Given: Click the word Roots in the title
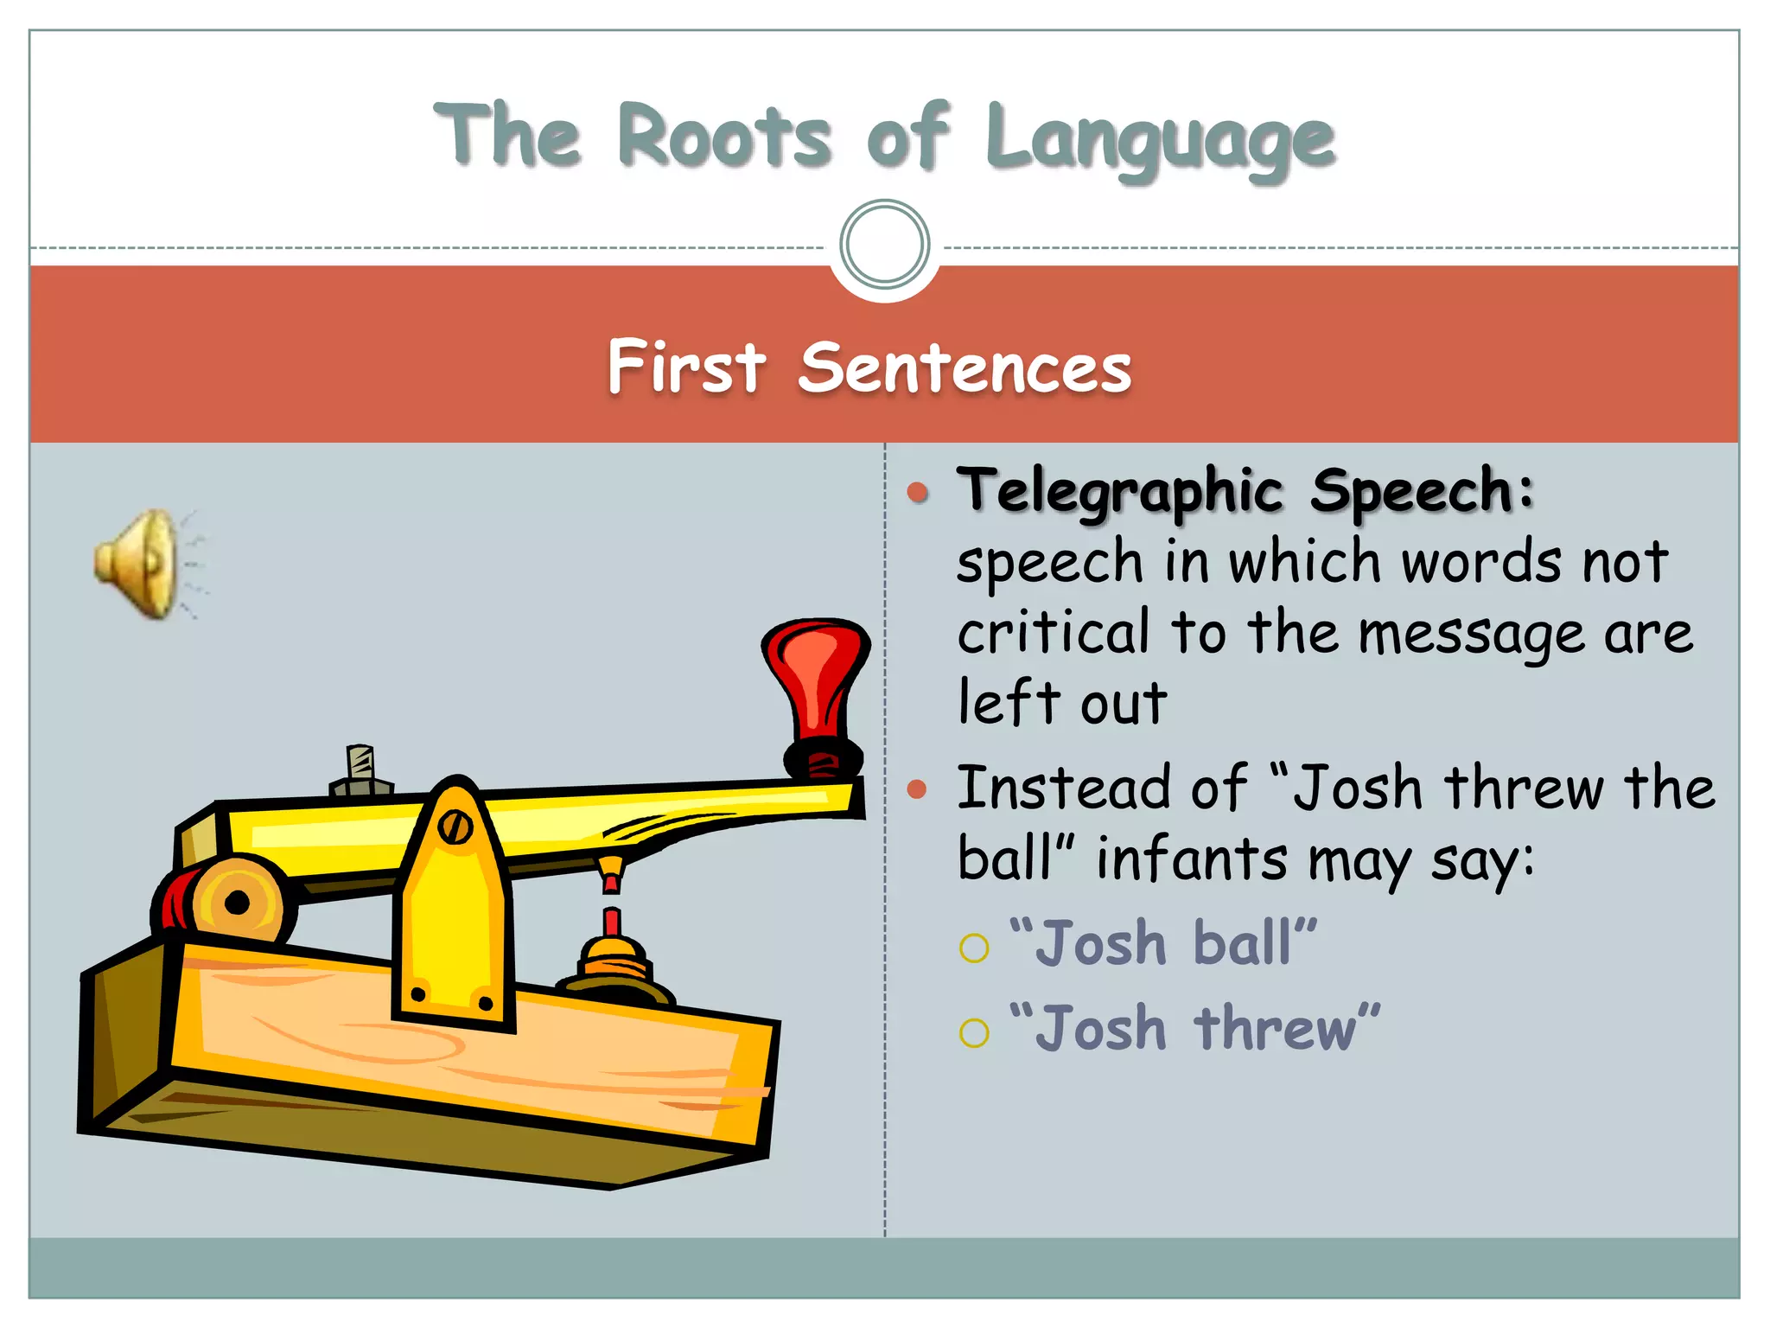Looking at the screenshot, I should [725, 137].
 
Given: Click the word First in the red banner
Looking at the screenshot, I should [686, 367].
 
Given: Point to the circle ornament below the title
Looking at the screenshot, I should [884, 244].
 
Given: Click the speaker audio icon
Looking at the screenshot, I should [143, 563].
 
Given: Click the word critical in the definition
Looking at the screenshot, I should [1054, 632].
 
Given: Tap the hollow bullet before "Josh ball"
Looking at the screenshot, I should [974, 948].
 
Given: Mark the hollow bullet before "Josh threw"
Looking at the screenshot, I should [974, 1032].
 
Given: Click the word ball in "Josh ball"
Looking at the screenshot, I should [1242, 942].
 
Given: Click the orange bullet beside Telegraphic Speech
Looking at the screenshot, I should [918, 493].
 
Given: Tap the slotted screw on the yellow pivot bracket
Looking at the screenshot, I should [455, 827].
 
